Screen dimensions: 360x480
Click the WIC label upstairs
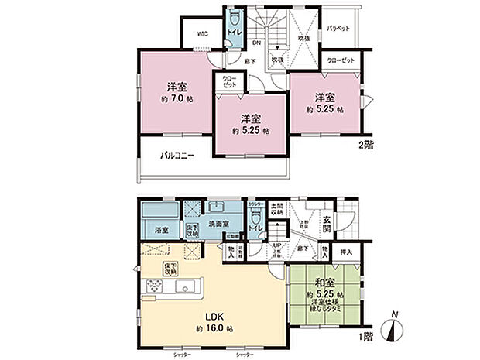coord(201,34)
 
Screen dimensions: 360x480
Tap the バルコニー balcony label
coord(177,156)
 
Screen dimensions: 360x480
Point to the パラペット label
coord(339,29)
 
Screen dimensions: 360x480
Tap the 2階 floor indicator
coord(364,145)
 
